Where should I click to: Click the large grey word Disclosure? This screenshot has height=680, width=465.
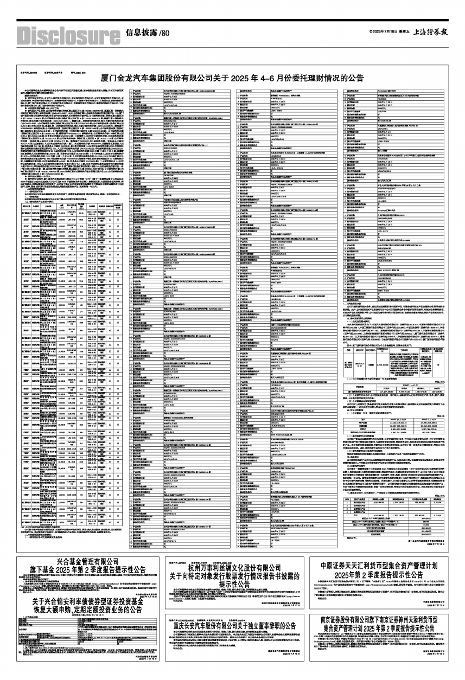(x=67, y=36)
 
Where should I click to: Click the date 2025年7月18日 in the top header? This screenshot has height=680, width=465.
(x=386, y=33)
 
